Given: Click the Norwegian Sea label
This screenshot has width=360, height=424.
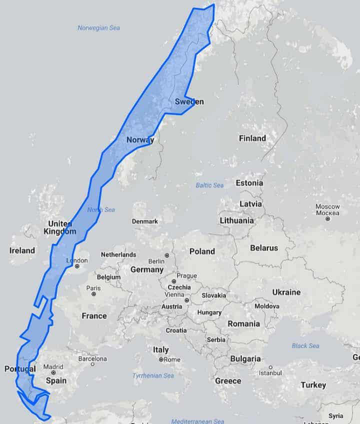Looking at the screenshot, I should [x=98, y=28].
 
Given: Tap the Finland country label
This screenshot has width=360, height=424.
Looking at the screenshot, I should [x=252, y=138].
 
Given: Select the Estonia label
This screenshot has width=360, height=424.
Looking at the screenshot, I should [x=249, y=183].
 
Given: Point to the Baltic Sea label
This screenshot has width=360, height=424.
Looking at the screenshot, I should [x=209, y=185].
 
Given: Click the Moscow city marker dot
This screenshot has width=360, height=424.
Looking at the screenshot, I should [x=327, y=219].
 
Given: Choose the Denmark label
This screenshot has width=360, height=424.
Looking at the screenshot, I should [x=145, y=221].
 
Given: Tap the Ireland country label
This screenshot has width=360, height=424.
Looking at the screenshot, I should [x=22, y=250].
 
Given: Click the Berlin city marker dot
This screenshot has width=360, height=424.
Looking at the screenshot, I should [x=166, y=255].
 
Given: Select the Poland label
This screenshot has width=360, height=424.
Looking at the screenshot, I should [x=202, y=251].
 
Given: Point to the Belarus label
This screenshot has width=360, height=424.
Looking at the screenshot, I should [x=264, y=248].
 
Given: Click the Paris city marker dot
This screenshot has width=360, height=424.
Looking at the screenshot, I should [x=93, y=294].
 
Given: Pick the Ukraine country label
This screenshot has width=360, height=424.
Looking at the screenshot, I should [x=286, y=292].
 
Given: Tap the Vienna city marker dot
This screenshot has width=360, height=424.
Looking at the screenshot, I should [x=186, y=300].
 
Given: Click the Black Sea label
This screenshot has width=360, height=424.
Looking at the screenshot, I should [x=305, y=345].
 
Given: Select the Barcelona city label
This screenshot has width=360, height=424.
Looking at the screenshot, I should [x=92, y=358].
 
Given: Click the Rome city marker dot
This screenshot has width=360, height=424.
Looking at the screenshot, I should [x=161, y=359].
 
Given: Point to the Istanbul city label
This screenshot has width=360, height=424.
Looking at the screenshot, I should [x=270, y=373].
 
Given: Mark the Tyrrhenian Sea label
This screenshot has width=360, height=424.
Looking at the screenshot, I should [x=153, y=375].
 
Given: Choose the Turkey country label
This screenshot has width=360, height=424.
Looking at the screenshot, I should [x=313, y=384].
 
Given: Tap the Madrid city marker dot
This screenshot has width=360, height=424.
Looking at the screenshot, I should [x=53, y=372].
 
